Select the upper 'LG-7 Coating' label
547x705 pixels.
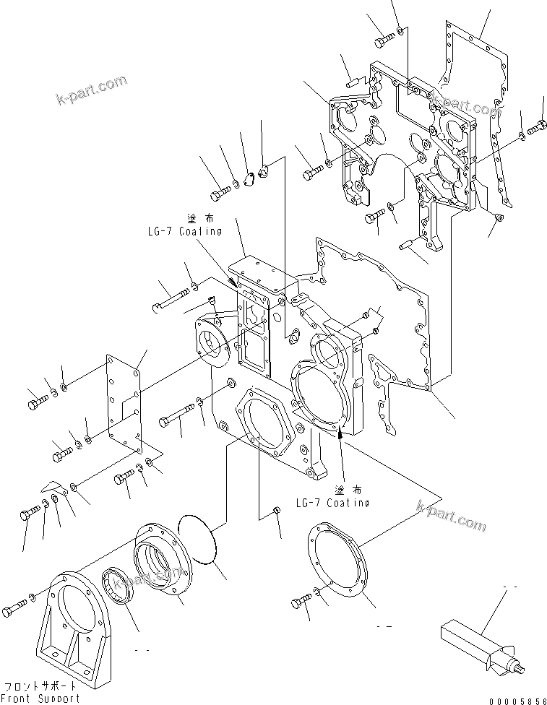(182, 231)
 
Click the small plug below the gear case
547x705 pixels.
(277, 513)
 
